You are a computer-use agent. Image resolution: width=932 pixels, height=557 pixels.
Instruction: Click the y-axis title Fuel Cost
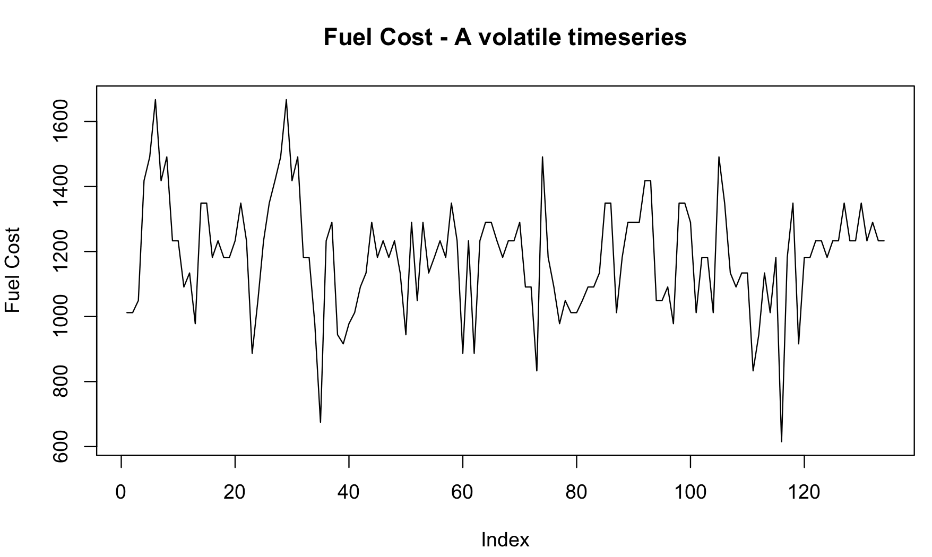click(x=12, y=270)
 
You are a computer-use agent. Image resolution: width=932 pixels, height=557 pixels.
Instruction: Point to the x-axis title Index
click(x=505, y=540)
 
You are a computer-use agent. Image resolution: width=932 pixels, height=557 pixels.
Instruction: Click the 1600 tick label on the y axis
click(x=61, y=121)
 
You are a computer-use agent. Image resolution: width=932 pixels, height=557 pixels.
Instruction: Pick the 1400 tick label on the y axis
click(x=61, y=187)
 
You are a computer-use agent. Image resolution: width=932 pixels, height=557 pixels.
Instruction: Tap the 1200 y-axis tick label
click(x=61, y=251)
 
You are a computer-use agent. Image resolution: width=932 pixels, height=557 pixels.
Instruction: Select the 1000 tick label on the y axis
click(x=61, y=317)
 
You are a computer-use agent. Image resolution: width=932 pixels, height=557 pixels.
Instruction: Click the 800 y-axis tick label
click(x=61, y=381)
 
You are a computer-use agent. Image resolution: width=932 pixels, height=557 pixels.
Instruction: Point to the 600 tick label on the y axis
click(x=61, y=447)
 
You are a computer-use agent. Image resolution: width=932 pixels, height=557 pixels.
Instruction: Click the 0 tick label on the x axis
click(x=121, y=492)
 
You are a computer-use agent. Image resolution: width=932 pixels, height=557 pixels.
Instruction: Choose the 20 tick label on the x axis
click(x=235, y=492)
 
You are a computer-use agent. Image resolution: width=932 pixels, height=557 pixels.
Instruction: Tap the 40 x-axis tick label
click(x=349, y=492)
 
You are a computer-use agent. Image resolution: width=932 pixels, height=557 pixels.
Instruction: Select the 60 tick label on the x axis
click(x=462, y=492)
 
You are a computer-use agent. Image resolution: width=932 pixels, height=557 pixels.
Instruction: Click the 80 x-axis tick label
click(x=576, y=492)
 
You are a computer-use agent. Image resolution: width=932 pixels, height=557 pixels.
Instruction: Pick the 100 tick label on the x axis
click(x=690, y=492)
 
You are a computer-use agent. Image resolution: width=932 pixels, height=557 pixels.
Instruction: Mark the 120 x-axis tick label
click(x=804, y=492)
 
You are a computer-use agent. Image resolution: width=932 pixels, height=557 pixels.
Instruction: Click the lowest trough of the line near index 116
click(x=781, y=441)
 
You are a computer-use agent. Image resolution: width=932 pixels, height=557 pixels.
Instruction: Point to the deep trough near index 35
click(x=321, y=422)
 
